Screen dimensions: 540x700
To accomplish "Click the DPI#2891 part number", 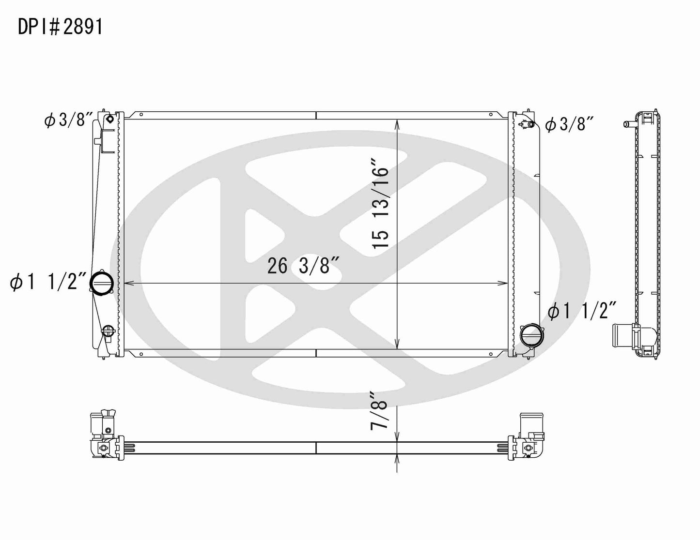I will (60, 27).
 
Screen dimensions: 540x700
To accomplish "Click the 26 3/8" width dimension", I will (303, 266).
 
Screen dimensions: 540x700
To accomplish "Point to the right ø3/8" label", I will (569, 124).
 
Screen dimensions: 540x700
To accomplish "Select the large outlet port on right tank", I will (531, 335).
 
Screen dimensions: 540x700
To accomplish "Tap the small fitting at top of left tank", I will (110, 119).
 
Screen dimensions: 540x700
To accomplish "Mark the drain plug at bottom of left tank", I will (108, 331).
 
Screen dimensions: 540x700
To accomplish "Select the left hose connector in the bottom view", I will (103, 423).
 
